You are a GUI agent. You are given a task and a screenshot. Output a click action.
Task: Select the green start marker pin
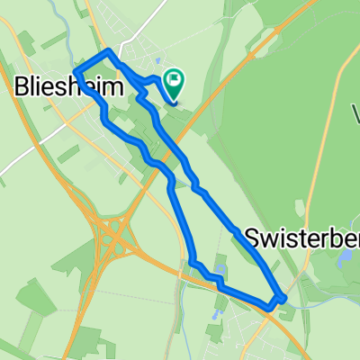pos(173,85)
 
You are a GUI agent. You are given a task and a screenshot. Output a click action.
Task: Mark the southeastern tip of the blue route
pos(283,298)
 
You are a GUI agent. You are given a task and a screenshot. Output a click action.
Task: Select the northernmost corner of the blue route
pos(110,52)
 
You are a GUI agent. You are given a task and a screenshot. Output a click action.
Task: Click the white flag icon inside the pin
pos(173,84)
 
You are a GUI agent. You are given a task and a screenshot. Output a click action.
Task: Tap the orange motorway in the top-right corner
pos(297,18)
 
